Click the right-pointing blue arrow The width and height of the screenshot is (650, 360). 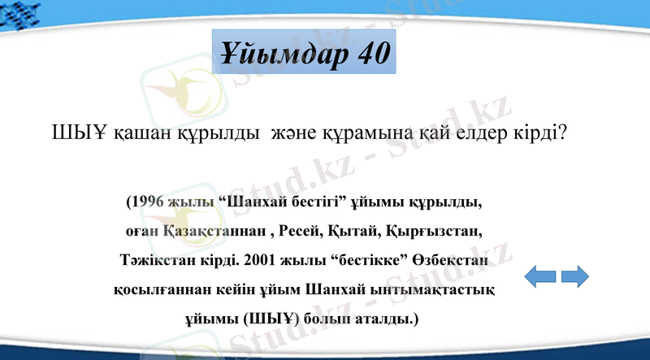click(574, 276)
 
